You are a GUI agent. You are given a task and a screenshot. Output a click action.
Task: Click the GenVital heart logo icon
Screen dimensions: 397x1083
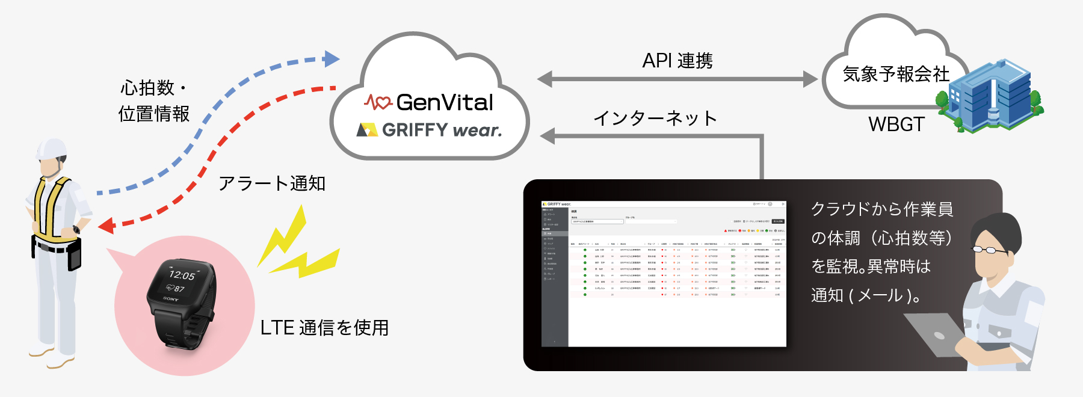(x=378, y=102)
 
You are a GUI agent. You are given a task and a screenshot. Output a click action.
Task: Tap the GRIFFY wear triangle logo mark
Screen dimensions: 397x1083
(x=366, y=130)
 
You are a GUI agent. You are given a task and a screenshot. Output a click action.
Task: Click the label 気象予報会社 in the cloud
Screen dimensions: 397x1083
(x=895, y=75)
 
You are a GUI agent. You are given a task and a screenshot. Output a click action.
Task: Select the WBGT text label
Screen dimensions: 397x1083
(x=896, y=125)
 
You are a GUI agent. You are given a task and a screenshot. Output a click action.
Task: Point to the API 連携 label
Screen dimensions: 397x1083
(x=677, y=61)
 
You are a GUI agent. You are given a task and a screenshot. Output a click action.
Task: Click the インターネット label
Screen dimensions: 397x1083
(x=655, y=118)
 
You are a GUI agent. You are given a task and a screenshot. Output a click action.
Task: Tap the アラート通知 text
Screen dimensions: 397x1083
(x=272, y=183)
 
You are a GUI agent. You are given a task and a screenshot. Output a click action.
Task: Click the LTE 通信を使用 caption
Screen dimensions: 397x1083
(x=324, y=328)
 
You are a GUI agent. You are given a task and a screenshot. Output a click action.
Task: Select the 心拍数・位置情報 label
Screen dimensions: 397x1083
(x=154, y=101)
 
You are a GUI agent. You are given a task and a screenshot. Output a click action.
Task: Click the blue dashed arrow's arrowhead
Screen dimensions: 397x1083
(x=332, y=58)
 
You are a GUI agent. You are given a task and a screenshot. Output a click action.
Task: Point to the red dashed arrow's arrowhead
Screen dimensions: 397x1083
(x=106, y=226)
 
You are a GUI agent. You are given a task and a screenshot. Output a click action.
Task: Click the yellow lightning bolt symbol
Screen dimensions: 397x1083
(x=296, y=247)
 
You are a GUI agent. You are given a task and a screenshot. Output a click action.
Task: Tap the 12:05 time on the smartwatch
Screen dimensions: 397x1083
(x=182, y=275)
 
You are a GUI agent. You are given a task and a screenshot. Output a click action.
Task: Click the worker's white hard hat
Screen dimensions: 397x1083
(x=51, y=148)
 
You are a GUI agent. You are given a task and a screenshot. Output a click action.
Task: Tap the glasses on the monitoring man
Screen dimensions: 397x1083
(x=990, y=249)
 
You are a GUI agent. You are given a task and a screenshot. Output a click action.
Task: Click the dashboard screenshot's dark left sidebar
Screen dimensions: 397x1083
(x=555, y=277)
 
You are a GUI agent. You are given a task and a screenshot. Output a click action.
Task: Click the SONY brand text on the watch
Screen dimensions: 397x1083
(x=171, y=298)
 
